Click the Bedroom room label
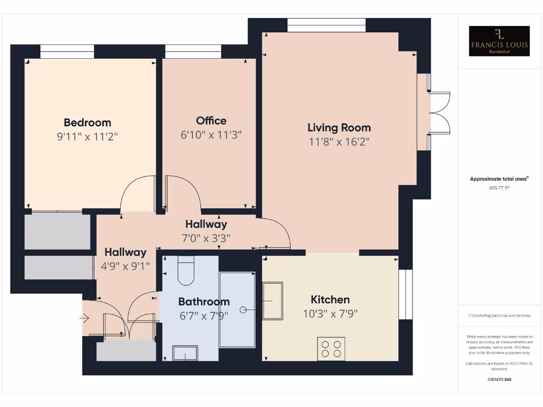click(87, 122)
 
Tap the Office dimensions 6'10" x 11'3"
click(211, 135)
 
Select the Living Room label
click(339, 127)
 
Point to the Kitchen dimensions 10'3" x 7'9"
click(330, 313)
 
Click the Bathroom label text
click(204, 302)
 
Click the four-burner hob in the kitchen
click(331, 348)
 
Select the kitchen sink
click(273, 300)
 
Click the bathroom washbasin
click(185, 353)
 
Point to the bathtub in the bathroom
click(237, 309)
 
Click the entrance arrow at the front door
click(84, 318)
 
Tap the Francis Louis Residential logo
click(500, 41)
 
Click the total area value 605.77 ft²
click(499, 188)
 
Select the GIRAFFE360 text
click(499, 379)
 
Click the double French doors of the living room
click(439, 113)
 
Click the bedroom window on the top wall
click(67, 51)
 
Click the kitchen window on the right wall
click(405, 294)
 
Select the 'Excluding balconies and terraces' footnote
click(499, 315)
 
